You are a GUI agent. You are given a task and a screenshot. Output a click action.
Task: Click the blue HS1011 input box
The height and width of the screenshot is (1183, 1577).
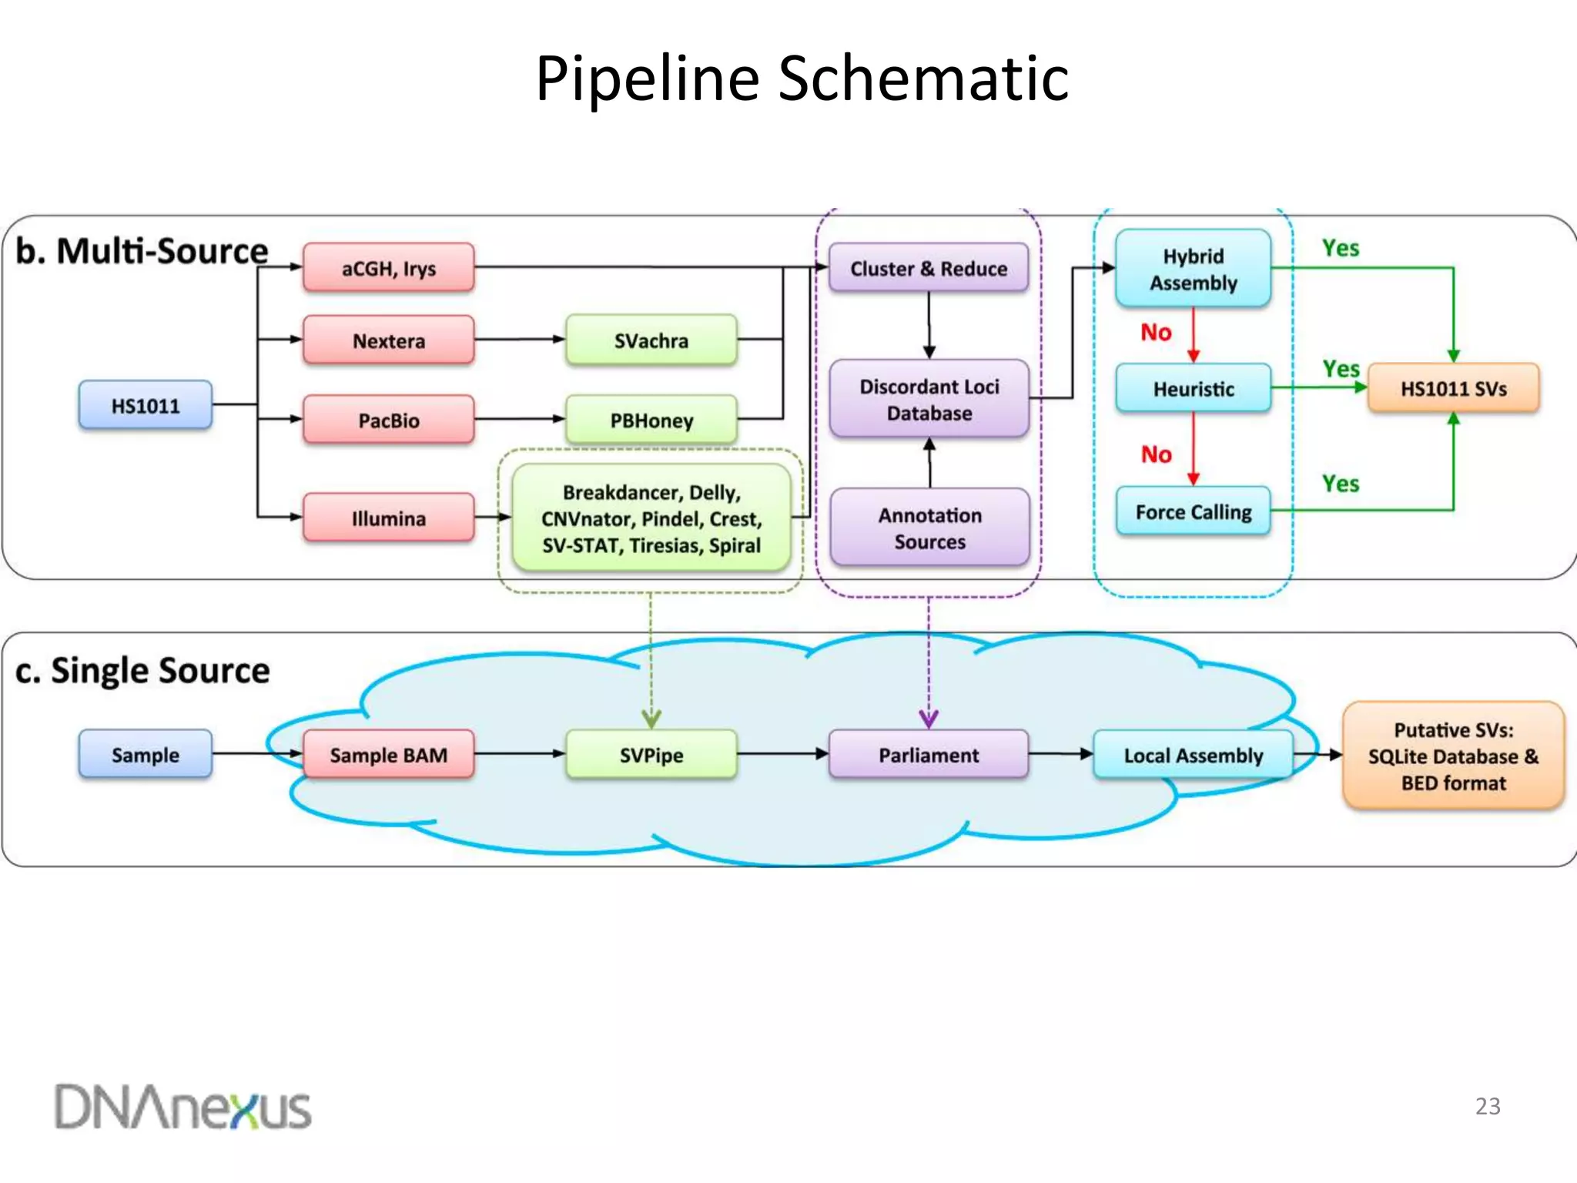(145, 405)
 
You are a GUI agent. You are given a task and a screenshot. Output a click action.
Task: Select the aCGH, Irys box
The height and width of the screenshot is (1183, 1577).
(388, 268)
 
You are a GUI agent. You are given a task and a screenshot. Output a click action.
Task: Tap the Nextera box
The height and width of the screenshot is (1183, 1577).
(388, 340)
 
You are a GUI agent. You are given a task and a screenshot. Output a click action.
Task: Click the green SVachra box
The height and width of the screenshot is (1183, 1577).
(651, 340)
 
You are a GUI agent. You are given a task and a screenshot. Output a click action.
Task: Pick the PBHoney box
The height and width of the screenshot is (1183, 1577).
(651, 421)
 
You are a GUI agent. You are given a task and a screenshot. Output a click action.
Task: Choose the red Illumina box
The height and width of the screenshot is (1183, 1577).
(388, 518)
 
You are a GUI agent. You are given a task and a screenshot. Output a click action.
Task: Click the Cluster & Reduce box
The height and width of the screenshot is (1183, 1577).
(928, 268)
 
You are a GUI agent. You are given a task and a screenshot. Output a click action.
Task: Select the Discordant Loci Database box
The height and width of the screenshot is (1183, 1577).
(929, 400)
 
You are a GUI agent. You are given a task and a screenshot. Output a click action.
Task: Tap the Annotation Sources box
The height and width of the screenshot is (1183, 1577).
(929, 528)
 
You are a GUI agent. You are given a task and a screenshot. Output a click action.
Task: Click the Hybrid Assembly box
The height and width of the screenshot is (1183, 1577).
(1193, 269)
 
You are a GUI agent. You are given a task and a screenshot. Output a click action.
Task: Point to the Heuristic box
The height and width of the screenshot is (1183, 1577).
(1193, 389)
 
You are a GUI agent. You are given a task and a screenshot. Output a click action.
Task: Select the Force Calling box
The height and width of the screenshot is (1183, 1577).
(1193, 511)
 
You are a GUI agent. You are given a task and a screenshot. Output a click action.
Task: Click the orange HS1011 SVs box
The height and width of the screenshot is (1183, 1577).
(1453, 389)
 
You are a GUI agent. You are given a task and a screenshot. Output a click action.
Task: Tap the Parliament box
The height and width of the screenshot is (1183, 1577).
(928, 755)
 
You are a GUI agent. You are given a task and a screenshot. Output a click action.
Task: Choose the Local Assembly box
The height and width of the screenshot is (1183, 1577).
(1193, 755)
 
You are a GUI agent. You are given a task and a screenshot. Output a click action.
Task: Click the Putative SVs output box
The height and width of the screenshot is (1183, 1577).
(1453, 756)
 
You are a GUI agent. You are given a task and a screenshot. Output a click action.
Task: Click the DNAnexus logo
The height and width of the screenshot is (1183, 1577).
(182, 1108)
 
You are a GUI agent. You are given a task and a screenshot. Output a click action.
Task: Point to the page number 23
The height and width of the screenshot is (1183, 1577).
(1487, 1106)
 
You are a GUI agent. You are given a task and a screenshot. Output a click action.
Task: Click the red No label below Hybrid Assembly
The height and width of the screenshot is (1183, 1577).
(1156, 332)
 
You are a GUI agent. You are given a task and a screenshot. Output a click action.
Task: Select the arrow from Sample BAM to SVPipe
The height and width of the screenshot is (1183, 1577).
(520, 754)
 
